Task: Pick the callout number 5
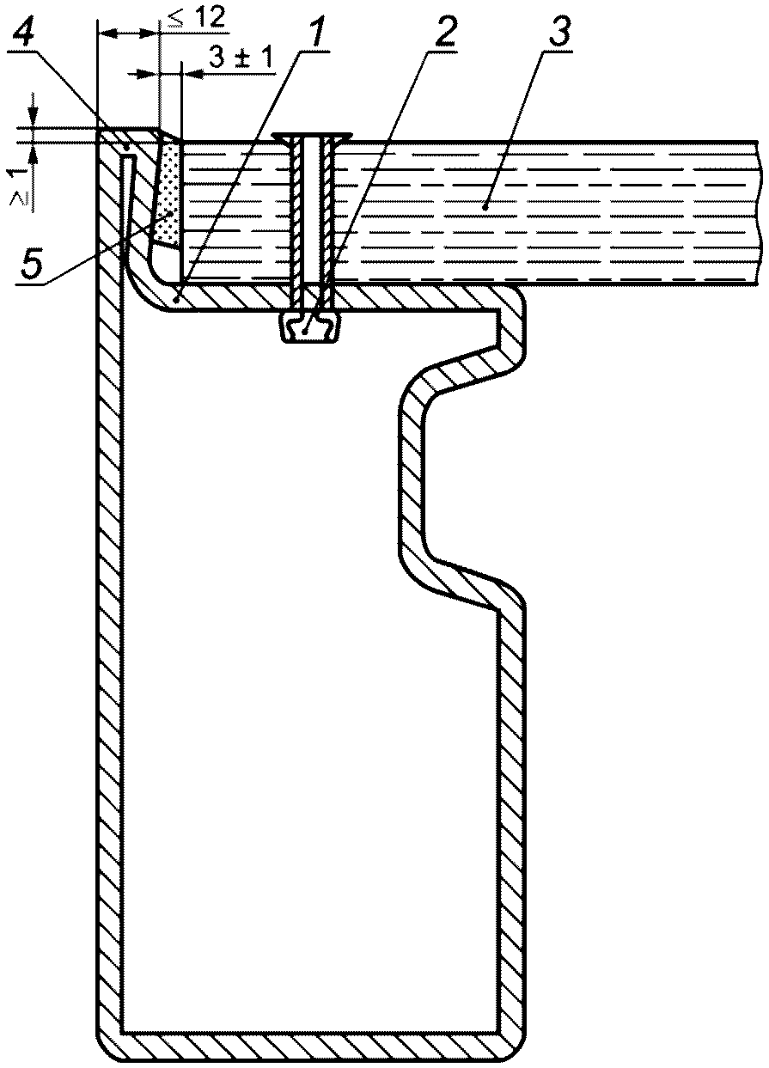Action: (29, 264)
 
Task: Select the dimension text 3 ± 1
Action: (240, 58)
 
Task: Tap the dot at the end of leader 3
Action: (484, 206)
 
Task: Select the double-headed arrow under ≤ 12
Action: (127, 34)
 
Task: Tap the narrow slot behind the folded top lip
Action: (129, 210)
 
